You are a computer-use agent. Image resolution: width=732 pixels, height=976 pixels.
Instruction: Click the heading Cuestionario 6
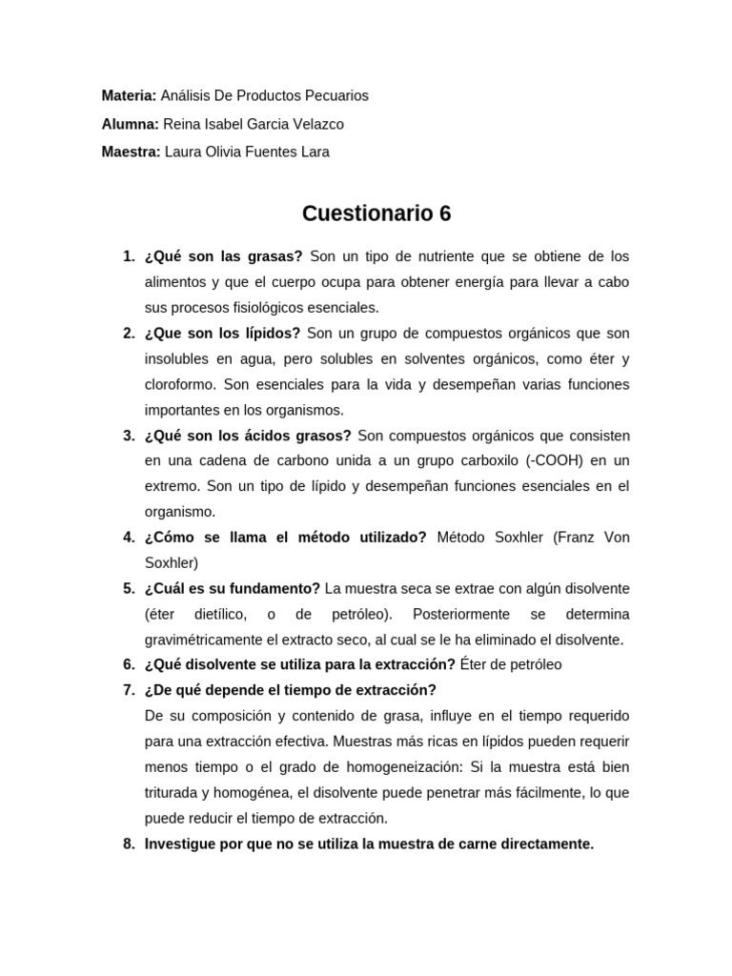tap(376, 214)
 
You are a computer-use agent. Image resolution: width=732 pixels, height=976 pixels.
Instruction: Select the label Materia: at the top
tap(129, 95)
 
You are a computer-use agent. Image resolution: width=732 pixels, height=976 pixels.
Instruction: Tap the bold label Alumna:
tap(131, 124)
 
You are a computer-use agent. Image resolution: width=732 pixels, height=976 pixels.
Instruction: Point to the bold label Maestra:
tap(132, 152)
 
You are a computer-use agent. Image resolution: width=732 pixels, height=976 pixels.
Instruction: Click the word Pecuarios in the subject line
tap(335, 95)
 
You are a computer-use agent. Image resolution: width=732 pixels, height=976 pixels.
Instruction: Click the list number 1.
tap(129, 256)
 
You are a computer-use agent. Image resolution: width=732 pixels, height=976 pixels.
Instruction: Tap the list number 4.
tap(129, 537)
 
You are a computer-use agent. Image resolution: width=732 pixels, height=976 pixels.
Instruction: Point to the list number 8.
tap(129, 844)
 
